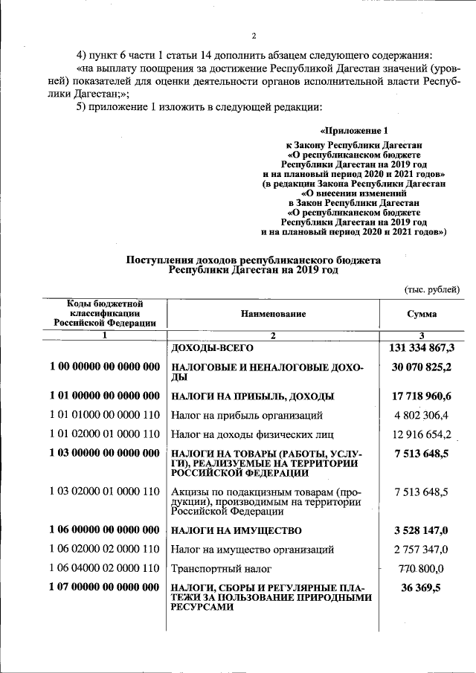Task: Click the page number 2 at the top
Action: (253, 36)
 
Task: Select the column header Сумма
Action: (422, 315)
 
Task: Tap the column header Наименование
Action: (273, 315)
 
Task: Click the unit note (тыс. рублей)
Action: (432, 289)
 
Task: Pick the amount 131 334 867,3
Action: (422, 348)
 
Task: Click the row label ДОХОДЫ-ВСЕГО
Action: (213, 348)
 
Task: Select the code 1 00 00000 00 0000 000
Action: (105, 367)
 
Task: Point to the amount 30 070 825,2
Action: (422, 367)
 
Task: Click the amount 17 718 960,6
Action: (422, 396)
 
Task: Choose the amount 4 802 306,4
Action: (422, 416)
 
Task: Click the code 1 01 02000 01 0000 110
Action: (105, 434)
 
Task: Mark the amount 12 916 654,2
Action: (422, 434)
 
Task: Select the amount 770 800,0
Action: (422, 569)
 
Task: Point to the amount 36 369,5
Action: (422, 587)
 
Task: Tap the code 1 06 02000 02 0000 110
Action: (105, 550)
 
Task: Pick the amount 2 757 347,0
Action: (422, 550)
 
